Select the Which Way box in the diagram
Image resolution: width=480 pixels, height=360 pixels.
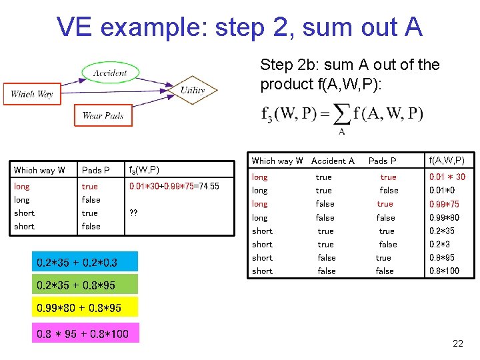tap(31, 93)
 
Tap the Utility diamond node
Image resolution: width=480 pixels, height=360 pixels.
tap(193, 89)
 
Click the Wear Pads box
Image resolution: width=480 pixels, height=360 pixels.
tap(103, 115)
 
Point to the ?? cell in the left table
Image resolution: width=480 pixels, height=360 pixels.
tap(133, 213)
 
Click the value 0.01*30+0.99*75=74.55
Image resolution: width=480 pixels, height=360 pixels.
tap(174, 187)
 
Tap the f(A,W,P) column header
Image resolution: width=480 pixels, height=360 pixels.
tap(447, 161)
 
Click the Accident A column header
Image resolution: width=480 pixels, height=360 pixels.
tap(333, 161)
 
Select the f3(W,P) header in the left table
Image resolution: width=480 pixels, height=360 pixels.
tap(144, 170)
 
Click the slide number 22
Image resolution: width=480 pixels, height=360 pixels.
tap(457, 344)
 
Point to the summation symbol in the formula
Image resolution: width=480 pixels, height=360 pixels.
tap(342, 115)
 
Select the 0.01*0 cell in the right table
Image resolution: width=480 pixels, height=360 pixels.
tap(443, 191)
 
